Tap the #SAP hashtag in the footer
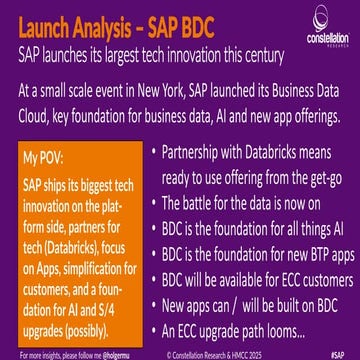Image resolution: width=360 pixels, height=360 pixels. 344,353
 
